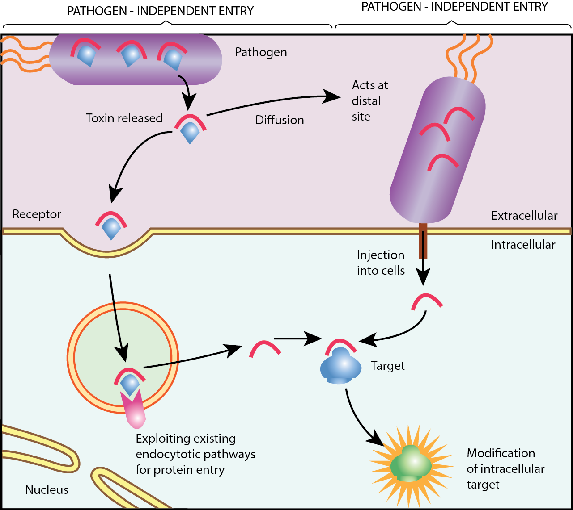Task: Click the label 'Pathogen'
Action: coord(261,52)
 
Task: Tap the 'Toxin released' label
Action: coord(124,118)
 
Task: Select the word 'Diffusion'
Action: coord(280,120)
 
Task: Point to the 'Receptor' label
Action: coord(37,214)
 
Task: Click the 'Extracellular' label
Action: coord(524,216)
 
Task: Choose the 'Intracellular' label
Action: coord(523,245)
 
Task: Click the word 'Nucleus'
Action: coord(47,490)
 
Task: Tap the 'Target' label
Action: coord(387,366)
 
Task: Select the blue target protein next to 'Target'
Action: coord(341,366)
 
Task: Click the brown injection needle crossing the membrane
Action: coord(423,241)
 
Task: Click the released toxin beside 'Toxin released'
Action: coord(190,129)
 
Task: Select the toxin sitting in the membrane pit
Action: coord(111,225)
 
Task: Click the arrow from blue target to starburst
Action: coord(360,422)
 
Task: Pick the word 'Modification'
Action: coord(501,453)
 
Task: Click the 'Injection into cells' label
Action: coord(381,263)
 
